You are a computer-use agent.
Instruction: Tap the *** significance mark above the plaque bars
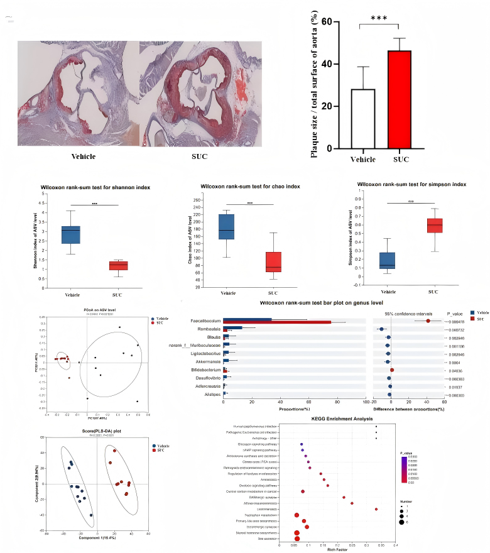click(379, 18)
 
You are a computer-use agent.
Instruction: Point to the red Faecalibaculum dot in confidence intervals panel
click(428, 321)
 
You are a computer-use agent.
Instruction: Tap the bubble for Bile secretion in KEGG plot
click(297, 539)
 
